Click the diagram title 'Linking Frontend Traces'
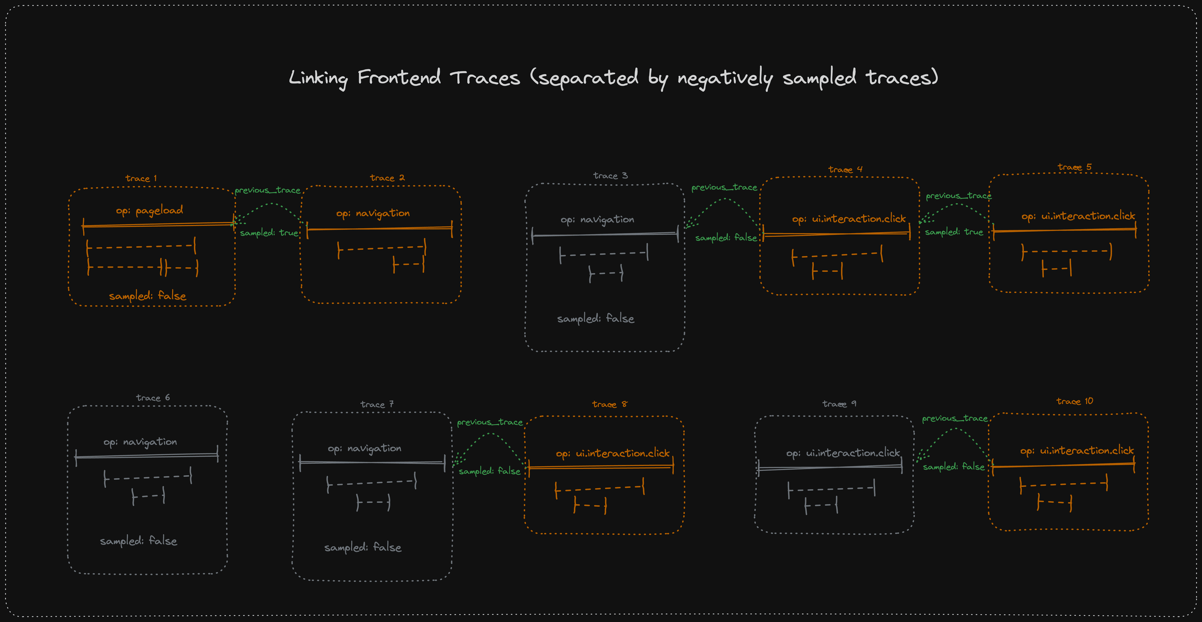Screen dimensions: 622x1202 pos(613,78)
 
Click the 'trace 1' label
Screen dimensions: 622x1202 pos(141,179)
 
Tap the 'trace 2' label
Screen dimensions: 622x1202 pos(387,178)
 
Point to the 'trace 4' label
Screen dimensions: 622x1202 pos(845,169)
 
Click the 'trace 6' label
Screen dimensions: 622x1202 pos(152,398)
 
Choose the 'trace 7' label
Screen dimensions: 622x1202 pos(377,404)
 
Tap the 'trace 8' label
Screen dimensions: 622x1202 pos(609,404)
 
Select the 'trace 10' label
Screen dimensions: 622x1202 pos(1074,402)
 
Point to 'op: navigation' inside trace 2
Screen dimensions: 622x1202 pos(373,213)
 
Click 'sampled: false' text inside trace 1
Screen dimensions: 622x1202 pos(147,296)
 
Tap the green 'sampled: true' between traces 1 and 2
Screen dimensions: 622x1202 pos(269,233)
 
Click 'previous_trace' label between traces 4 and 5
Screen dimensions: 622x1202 pos(958,196)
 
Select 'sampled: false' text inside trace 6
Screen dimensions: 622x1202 pos(139,541)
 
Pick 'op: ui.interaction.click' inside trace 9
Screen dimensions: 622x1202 pos(843,453)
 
